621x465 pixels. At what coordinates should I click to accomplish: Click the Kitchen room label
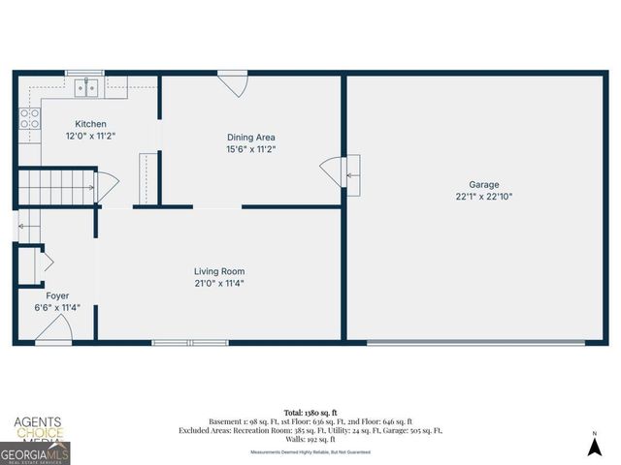point(91,124)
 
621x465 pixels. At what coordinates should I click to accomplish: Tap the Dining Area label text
point(251,138)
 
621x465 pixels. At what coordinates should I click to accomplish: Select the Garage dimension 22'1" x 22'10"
point(484,197)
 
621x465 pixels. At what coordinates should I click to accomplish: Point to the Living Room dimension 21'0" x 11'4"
point(218,284)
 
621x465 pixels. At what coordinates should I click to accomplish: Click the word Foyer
point(57,295)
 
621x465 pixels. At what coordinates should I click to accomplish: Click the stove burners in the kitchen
point(30,118)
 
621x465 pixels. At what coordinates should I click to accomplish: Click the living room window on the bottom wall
point(190,342)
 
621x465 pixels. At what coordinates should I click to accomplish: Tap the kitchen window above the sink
point(84,73)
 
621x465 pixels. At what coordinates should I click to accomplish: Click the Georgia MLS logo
point(35,451)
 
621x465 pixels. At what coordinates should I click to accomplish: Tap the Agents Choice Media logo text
point(37,427)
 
